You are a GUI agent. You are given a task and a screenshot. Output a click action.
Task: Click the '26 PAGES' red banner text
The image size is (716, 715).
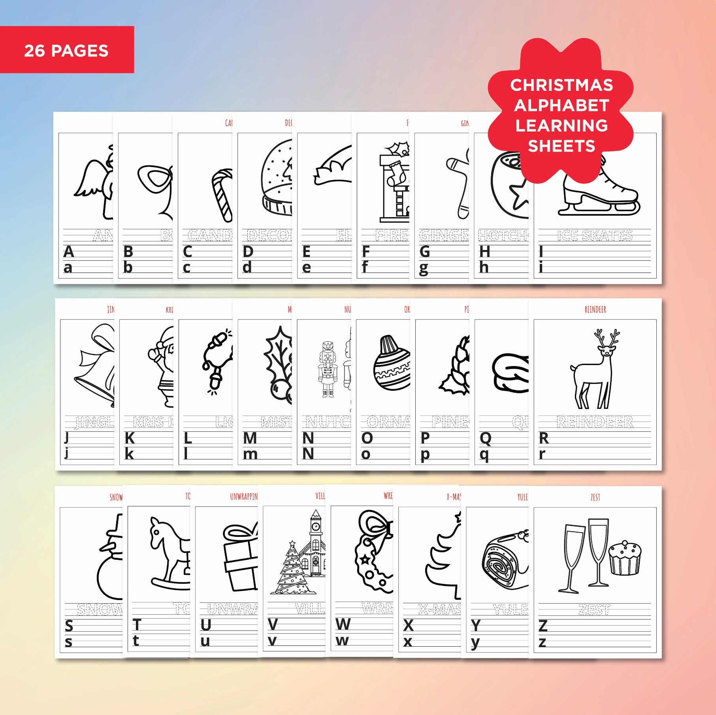pyautogui.click(x=66, y=51)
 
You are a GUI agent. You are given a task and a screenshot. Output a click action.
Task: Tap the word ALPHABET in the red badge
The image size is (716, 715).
pyautogui.click(x=561, y=105)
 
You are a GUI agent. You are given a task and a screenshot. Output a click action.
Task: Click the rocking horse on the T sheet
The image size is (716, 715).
pyautogui.click(x=168, y=553)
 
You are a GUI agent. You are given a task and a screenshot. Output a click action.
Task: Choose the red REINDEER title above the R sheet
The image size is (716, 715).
pyautogui.click(x=595, y=309)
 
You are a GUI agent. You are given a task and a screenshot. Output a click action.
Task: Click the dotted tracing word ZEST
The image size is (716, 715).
pyautogui.click(x=595, y=610)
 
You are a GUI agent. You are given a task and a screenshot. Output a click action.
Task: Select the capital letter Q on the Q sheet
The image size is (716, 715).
pyautogui.click(x=485, y=438)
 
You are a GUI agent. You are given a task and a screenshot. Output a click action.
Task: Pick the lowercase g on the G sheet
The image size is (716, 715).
pyautogui.click(x=424, y=269)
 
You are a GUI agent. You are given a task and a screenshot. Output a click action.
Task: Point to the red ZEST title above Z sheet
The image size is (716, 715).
pyautogui.click(x=595, y=497)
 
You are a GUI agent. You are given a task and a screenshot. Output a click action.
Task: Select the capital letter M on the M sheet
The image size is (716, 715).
pyautogui.click(x=250, y=438)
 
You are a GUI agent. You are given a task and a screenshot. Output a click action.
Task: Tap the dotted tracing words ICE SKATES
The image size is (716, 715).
pyautogui.click(x=595, y=235)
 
